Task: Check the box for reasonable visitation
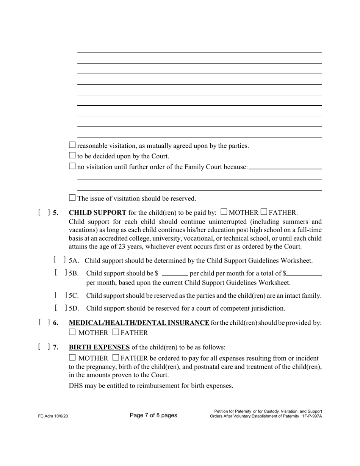pyautogui.click(x=72, y=145)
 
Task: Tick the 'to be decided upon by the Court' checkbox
pyautogui.click(x=72, y=155)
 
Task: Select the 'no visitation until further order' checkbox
pyautogui.click(x=72, y=166)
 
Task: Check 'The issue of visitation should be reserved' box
pyautogui.click(x=72, y=198)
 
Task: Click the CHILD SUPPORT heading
pyautogui.click(x=97, y=213)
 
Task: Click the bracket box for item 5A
pyautogui.click(x=59, y=260)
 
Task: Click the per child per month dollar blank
pyautogui.click(x=175, y=274)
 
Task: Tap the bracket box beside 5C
pyautogui.click(x=61, y=295)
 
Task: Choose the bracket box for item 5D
pyautogui.click(x=61, y=308)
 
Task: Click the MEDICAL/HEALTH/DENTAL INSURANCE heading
pyautogui.click(x=139, y=323)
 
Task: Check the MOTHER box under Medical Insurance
pyautogui.click(x=72, y=333)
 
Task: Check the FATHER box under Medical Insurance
pyautogui.click(x=116, y=333)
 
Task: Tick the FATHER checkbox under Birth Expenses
pyautogui.click(x=116, y=358)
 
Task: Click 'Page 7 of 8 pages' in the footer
pyautogui.click(x=153, y=415)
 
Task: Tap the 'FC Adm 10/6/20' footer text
pyautogui.click(x=53, y=416)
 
